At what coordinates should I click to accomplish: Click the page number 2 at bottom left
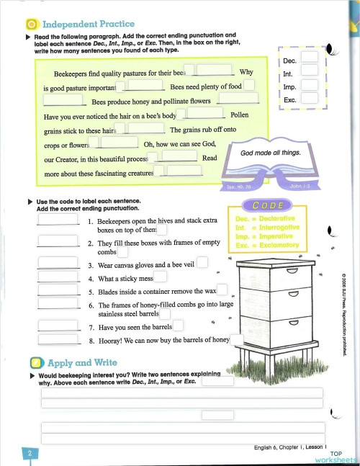[30, 453]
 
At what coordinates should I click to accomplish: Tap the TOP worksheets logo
[341, 457]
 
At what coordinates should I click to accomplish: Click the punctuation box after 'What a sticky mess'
[161, 277]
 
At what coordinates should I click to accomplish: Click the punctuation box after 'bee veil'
[202, 264]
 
